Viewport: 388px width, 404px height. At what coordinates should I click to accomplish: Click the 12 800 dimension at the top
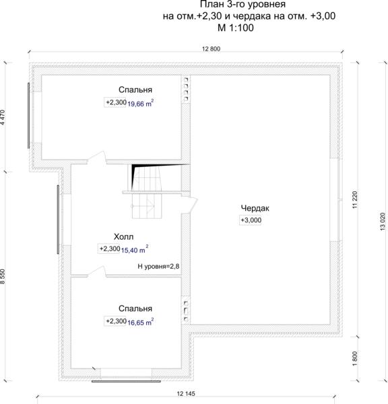211,48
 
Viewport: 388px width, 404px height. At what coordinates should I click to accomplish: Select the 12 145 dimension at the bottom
186,394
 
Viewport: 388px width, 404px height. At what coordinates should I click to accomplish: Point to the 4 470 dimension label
3,117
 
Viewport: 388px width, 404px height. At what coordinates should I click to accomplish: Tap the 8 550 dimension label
3,277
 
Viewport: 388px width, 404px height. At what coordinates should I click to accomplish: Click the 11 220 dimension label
355,200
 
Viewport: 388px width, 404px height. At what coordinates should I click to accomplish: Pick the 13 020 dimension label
383,222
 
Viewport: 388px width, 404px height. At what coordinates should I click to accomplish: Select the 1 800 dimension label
355,358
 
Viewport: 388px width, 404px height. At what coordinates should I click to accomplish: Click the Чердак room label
255,208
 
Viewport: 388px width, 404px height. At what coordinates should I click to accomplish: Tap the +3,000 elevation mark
251,220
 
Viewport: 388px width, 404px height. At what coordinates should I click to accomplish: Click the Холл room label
124,237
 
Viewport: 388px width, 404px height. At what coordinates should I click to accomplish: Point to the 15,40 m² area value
135,250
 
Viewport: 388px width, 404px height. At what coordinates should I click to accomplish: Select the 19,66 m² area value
141,103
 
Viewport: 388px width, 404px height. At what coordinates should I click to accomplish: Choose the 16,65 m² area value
141,322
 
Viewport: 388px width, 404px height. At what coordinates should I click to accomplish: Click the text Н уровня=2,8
158,266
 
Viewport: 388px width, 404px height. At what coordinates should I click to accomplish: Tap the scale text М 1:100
236,28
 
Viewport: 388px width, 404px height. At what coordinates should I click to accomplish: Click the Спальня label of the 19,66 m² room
135,90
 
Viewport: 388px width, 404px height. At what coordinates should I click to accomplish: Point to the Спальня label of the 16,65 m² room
135,308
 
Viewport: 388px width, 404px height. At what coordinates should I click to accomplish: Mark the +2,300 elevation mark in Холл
109,248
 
